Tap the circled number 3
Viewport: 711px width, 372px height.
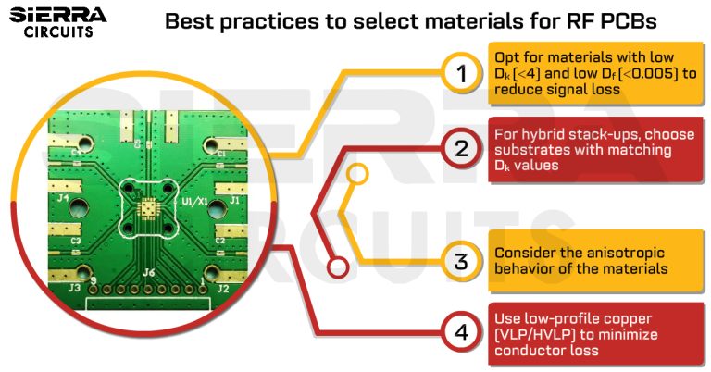[x=460, y=260]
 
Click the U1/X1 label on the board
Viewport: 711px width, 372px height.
[x=194, y=200]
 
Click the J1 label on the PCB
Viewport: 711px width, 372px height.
[x=234, y=199]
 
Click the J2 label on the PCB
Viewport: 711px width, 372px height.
[x=222, y=288]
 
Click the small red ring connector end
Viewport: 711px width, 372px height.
[x=339, y=268]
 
